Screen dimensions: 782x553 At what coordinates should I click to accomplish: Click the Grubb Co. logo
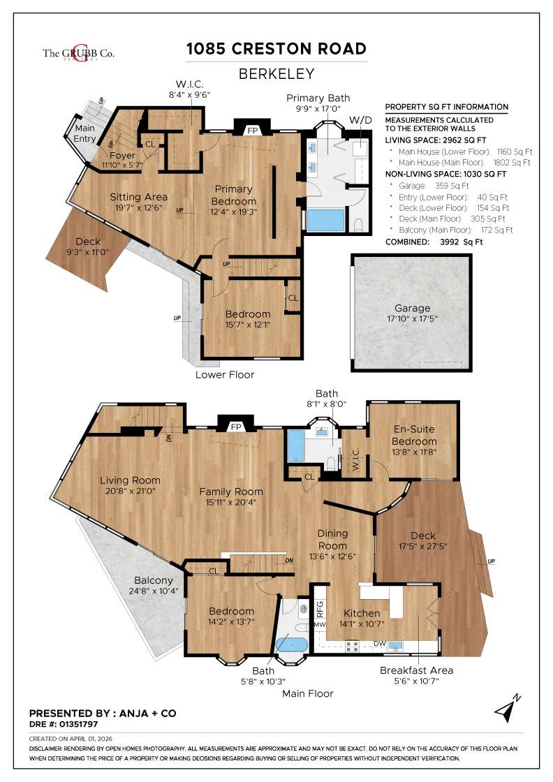(x=78, y=54)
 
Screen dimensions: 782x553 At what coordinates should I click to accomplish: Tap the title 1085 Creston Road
(x=276, y=49)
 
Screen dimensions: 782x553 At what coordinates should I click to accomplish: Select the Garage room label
(x=412, y=308)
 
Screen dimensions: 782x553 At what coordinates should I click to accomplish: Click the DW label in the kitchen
(x=380, y=643)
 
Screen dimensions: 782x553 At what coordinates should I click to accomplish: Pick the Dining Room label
(x=332, y=539)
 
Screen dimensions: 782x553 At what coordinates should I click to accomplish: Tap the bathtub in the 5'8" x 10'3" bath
(x=292, y=643)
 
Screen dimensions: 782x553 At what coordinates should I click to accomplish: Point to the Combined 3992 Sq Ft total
(x=434, y=242)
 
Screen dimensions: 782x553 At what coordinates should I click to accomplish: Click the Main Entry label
(x=84, y=133)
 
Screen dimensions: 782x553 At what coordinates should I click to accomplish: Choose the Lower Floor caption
(x=225, y=375)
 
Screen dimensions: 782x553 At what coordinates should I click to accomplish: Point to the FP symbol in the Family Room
(x=236, y=426)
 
